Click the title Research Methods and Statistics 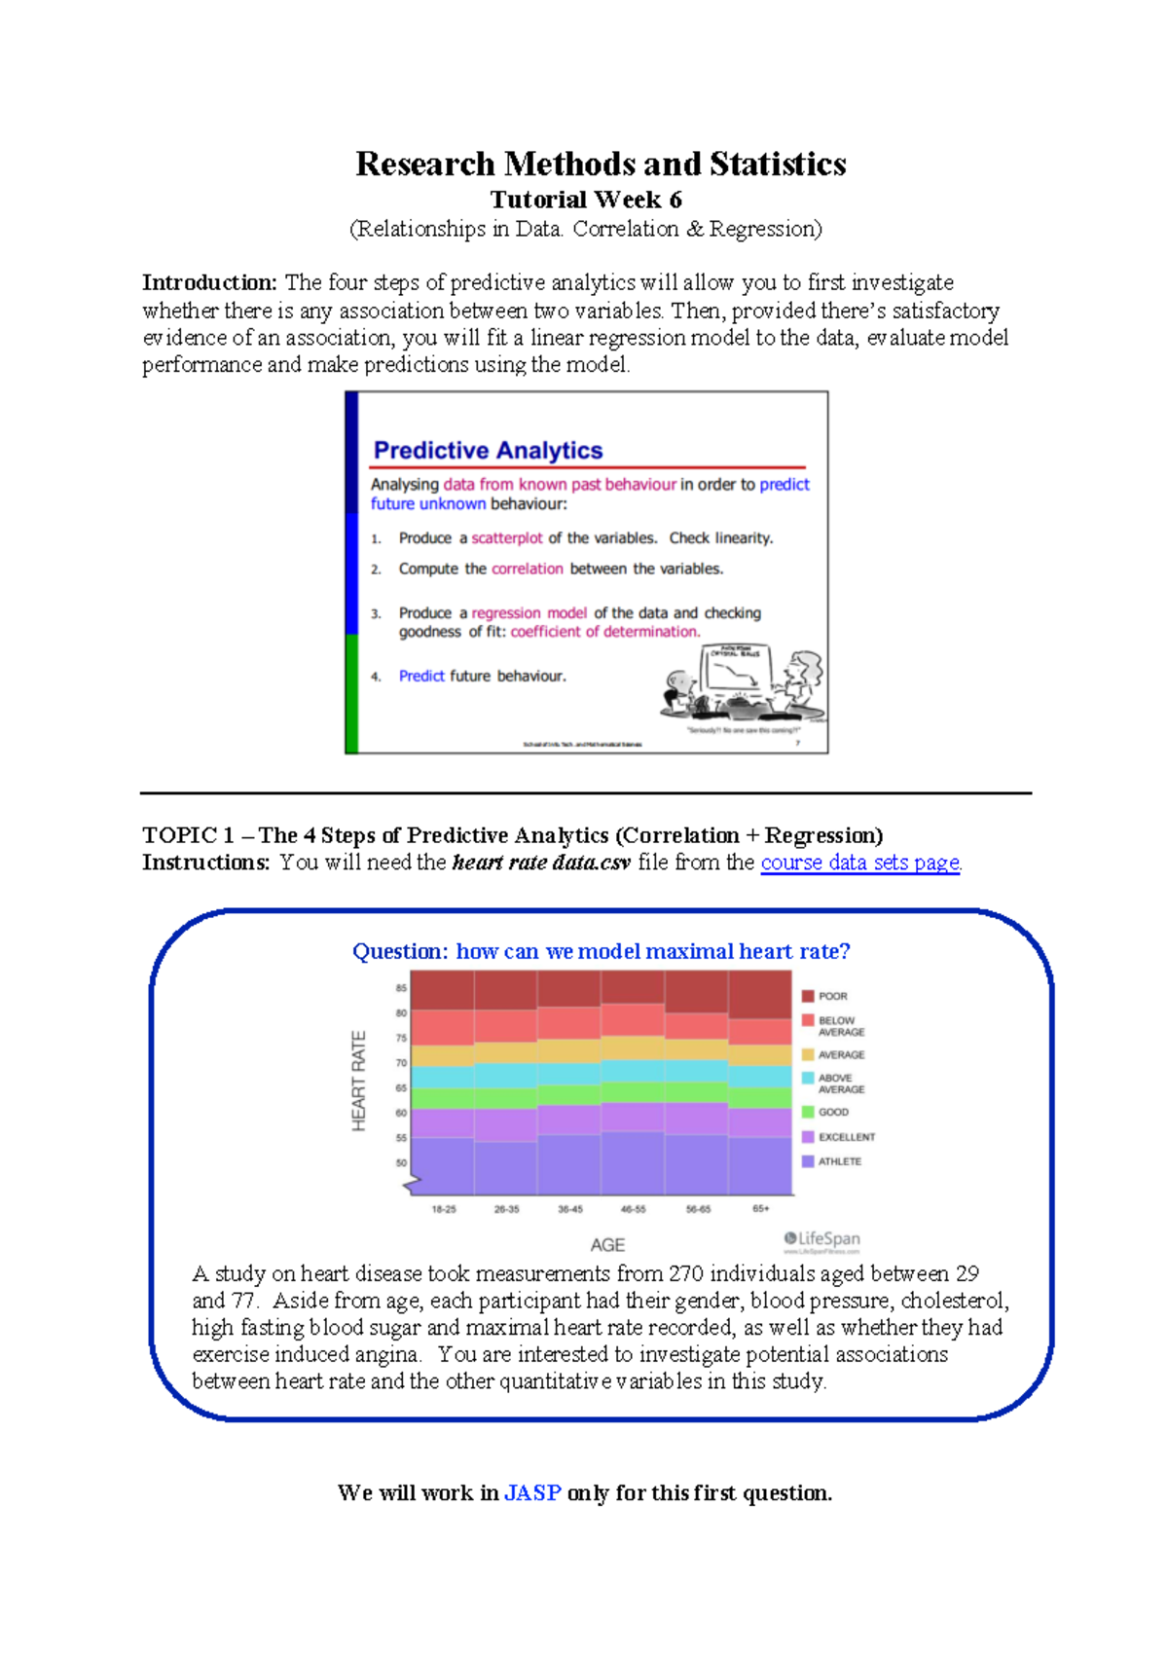[601, 164]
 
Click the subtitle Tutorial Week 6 [585, 200]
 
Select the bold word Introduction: [210, 283]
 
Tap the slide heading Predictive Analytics [488, 451]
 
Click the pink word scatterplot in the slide [507, 538]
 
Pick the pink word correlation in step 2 [527, 569]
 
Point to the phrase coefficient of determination [604, 632]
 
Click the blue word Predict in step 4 [421, 677]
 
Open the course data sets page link [860, 863]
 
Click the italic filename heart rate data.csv [541, 863]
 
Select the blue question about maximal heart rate [601, 951]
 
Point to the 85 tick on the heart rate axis [401, 988]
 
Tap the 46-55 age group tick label [633, 1209]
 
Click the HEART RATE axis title [358, 1081]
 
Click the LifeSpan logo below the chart [822, 1239]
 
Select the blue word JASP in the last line [532, 1493]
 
